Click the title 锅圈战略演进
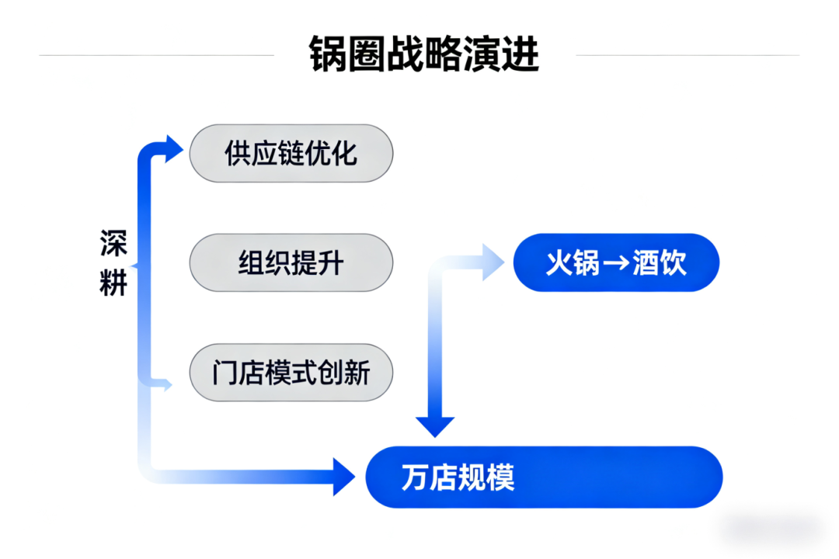click(423, 54)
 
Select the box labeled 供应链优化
click(291, 153)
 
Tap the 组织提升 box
click(291, 263)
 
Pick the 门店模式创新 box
click(291, 373)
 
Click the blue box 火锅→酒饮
click(616, 263)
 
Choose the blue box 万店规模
click(544, 477)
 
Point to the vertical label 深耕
click(113, 263)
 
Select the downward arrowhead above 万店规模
click(434, 426)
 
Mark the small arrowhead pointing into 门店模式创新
click(165, 384)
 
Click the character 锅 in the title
click(327, 54)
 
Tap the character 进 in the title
click(520, 54)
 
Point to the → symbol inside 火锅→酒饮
click(616, 264)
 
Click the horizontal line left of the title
click(155, 55)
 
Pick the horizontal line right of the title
click(688, 55)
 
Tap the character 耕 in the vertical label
click(113, 285)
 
